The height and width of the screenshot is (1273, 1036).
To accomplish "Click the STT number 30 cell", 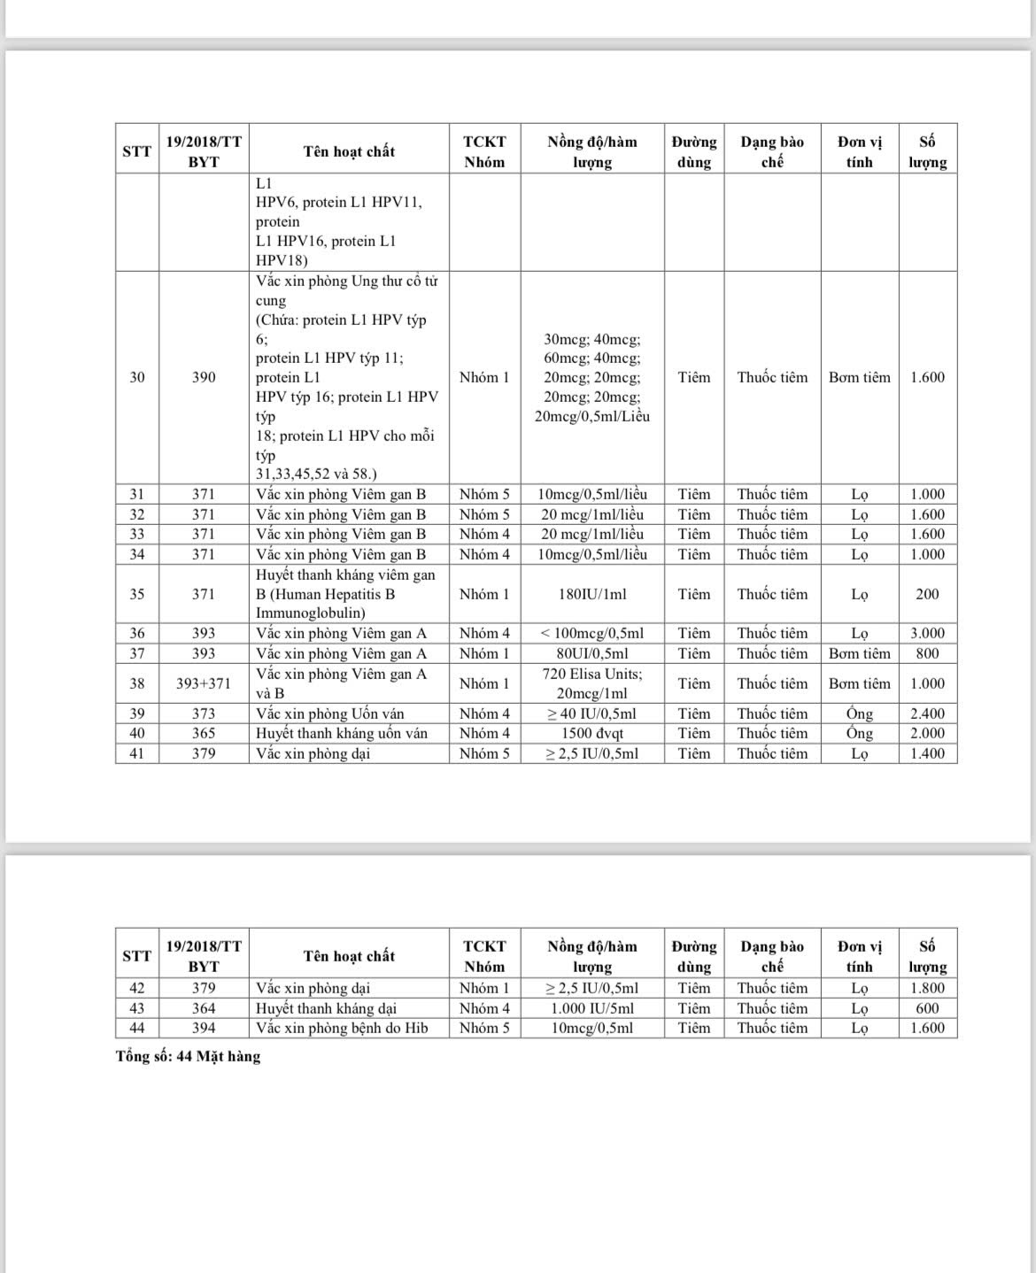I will (136, 377).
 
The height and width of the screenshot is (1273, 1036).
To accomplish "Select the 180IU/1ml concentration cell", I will (591, 594).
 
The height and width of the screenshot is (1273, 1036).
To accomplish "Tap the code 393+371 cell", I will (203, 683).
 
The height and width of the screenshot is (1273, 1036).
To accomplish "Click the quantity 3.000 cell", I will (927, 633).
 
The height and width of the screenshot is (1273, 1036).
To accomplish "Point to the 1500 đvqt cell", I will (591, 733).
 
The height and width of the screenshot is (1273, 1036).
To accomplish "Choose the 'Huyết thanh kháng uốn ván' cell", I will (342, 733).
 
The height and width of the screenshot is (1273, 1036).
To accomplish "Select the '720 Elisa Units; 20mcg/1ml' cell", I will (591, 683).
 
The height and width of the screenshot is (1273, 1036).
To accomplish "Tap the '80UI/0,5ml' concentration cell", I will (591, 653).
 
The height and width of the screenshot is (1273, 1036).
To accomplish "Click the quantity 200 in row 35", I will (927, 594).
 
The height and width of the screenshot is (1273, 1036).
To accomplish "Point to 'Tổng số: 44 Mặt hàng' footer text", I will (188, 1056).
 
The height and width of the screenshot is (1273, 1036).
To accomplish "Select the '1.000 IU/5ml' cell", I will (591, 1008).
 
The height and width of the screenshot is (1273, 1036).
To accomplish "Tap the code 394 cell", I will (203, 1028).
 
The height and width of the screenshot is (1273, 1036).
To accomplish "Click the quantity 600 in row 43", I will (927, 1008).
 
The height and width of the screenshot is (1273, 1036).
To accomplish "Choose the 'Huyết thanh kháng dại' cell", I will (326, 1008).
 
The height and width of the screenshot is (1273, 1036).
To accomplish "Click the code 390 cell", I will (203, 377).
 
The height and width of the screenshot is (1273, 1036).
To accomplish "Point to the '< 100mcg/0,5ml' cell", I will (591, 633).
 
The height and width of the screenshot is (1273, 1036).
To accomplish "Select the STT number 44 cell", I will (136, 1028).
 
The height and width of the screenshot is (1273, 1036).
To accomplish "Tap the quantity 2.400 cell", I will (927, 714).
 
